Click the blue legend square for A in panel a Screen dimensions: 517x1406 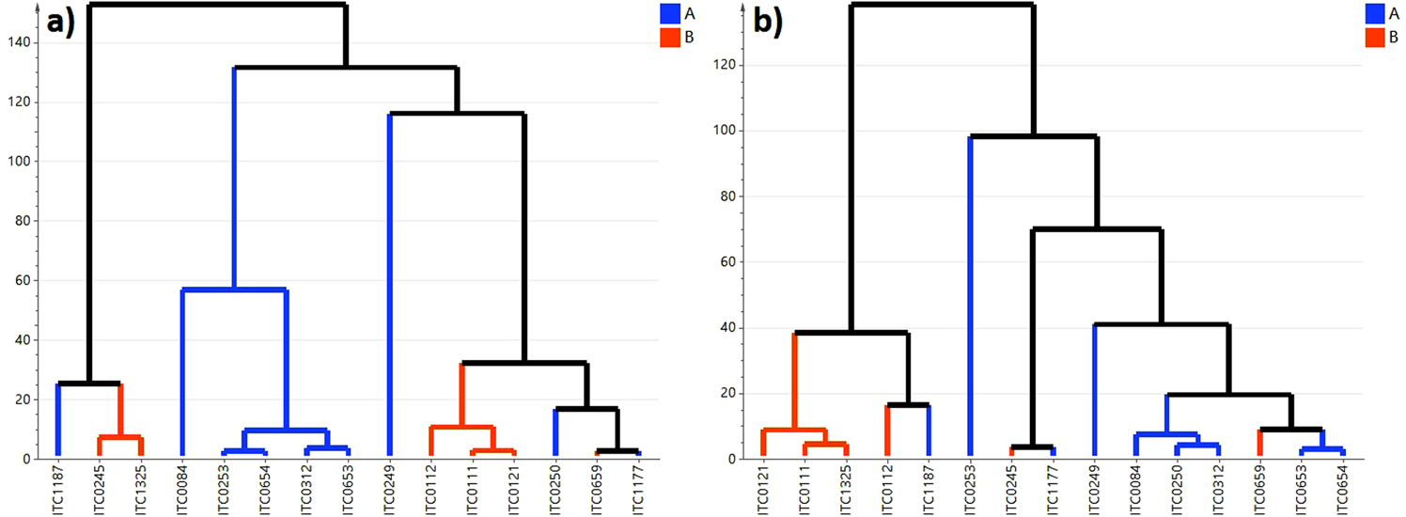(x=670, y=13)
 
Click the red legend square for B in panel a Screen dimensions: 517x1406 (x=670, y=38)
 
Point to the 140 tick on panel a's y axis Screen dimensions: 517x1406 (x=24, y=42)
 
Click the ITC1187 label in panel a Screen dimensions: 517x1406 (x=58, y=488)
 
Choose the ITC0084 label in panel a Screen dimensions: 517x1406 (x=182, y=488)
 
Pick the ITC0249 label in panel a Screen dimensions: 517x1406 (x=389, y=488)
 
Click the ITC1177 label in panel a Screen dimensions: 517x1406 (x=638, y=488)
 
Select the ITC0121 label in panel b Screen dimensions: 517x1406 (x=763, y=488)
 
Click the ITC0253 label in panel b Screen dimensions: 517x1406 (x=970, y=488)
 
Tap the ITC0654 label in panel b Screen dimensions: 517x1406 (x=1342, y=488)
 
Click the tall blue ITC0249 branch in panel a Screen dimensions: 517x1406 (x=389, y=282)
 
